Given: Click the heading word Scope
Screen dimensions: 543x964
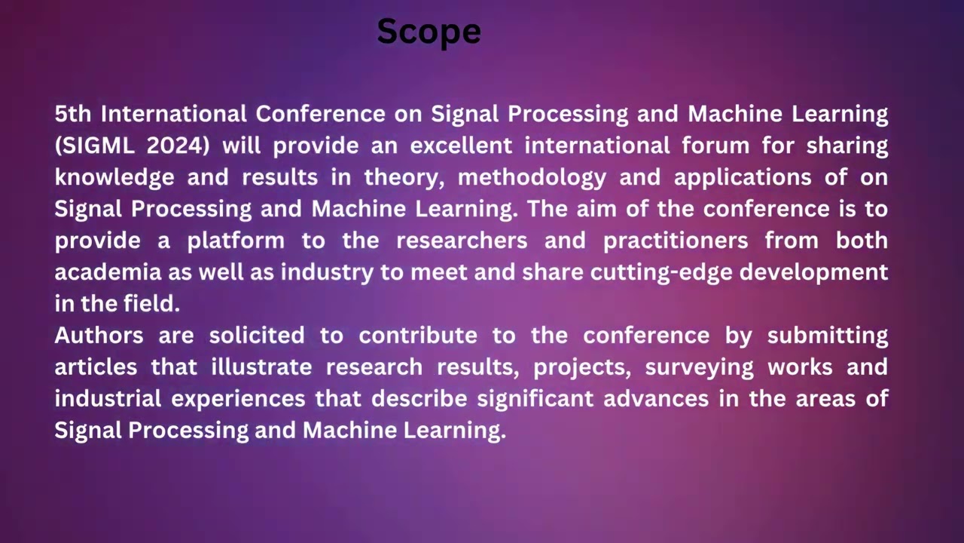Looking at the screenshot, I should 429,32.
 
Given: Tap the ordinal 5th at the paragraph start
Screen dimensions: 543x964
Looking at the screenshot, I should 72,114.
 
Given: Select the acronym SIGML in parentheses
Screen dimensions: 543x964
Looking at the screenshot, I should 96,146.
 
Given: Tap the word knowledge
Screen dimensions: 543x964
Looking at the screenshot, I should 114,177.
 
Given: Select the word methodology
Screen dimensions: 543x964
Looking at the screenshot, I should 532,177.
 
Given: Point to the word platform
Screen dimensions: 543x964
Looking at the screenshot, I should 236,241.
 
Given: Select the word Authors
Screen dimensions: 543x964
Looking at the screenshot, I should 99,335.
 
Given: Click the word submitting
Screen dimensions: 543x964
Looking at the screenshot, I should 828,335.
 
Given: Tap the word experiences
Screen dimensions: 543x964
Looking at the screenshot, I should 238,398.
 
